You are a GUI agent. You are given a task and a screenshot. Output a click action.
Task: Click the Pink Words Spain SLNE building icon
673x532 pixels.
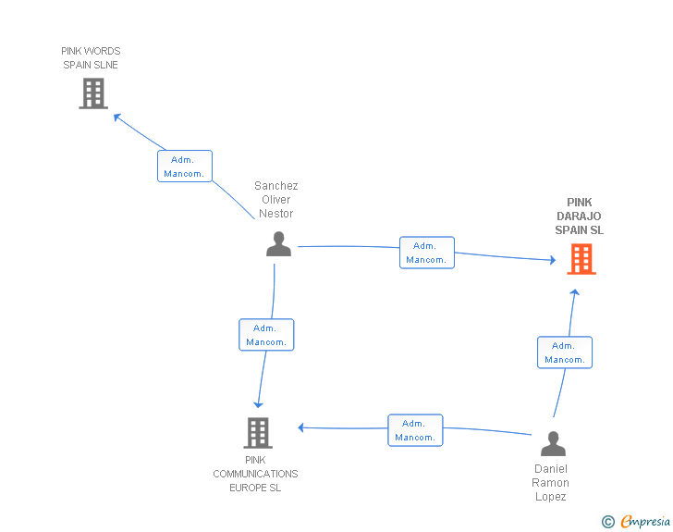pyautogui.click(x=93, y=93)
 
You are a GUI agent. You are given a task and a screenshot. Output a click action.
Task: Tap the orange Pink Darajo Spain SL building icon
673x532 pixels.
pyautogui.click(x=581, y=259)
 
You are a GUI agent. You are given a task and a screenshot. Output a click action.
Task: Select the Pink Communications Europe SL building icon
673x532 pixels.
pyautogui.click(x=258, y=432)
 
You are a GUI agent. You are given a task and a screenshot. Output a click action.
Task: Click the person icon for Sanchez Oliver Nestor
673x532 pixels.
pyautogui.click(x=278, y=243)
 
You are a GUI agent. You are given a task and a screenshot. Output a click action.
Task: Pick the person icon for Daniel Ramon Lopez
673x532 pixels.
pyautogui.click(x=553, y=444)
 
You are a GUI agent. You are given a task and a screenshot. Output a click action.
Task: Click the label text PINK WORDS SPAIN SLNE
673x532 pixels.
pyautogui.click(x=91, y=58)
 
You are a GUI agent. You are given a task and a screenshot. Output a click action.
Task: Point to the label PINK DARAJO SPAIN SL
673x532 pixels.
pyautogui.click(x=580, y=217)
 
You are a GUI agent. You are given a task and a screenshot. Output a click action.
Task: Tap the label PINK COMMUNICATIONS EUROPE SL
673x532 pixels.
pyautogui.click(x=255, y=474)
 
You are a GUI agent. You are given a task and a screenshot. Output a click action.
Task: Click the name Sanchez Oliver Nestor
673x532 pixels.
pyautogui.click(x=276, y=200)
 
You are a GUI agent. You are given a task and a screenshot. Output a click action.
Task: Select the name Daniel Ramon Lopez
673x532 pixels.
pyautogui.click(x=551, y=483)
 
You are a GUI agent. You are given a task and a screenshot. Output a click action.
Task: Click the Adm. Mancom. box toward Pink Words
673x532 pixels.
pyautogui.click(x=185, y=167)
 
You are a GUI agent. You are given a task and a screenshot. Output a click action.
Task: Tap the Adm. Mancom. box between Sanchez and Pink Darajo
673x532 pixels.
pyautogui.click(x=427, y=253)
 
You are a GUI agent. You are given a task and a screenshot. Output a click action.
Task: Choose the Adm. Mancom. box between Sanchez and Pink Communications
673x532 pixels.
pyautogui.click(x=266, y=335)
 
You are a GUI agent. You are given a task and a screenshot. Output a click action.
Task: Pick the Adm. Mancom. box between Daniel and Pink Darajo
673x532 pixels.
pyautogui.click(x=565, y=353)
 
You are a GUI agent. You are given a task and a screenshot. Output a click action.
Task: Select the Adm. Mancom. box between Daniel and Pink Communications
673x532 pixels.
pyautogui.click(x=415, y=430)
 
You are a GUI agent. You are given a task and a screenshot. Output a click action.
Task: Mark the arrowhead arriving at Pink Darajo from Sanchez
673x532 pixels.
pyautogui.click(x=552, y=260)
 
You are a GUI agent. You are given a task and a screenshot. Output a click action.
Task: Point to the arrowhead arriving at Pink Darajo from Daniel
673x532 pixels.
pyautogui.click(x=574, y=292)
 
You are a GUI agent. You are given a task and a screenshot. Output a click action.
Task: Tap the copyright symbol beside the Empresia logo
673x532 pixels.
pyautogui.click(x=607, y=523)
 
